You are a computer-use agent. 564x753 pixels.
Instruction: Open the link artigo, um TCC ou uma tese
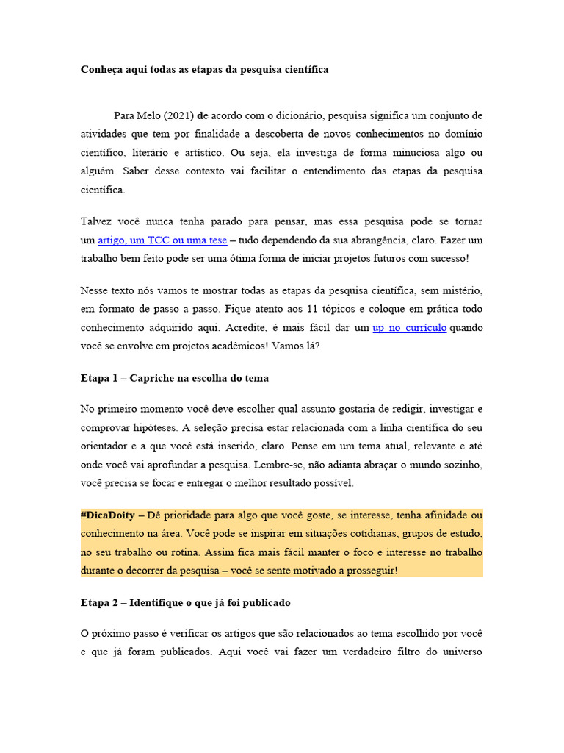[162, 240]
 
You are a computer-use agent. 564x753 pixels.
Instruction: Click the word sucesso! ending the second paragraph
[446, 258]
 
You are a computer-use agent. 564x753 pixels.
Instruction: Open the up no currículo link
[409, 327]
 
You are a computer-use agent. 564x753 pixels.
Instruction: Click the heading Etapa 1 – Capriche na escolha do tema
[174, 378]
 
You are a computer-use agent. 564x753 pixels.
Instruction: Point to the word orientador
[106, 446]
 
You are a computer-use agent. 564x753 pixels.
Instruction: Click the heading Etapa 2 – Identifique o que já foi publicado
[185, 602]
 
